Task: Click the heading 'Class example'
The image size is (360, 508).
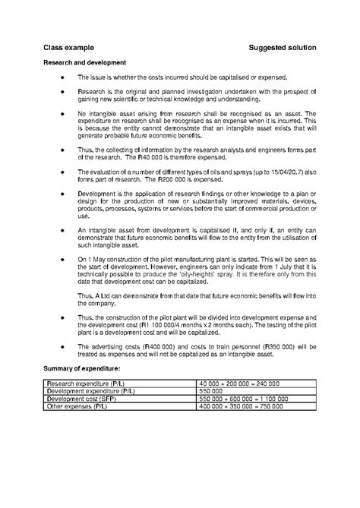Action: coord(67,48)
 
